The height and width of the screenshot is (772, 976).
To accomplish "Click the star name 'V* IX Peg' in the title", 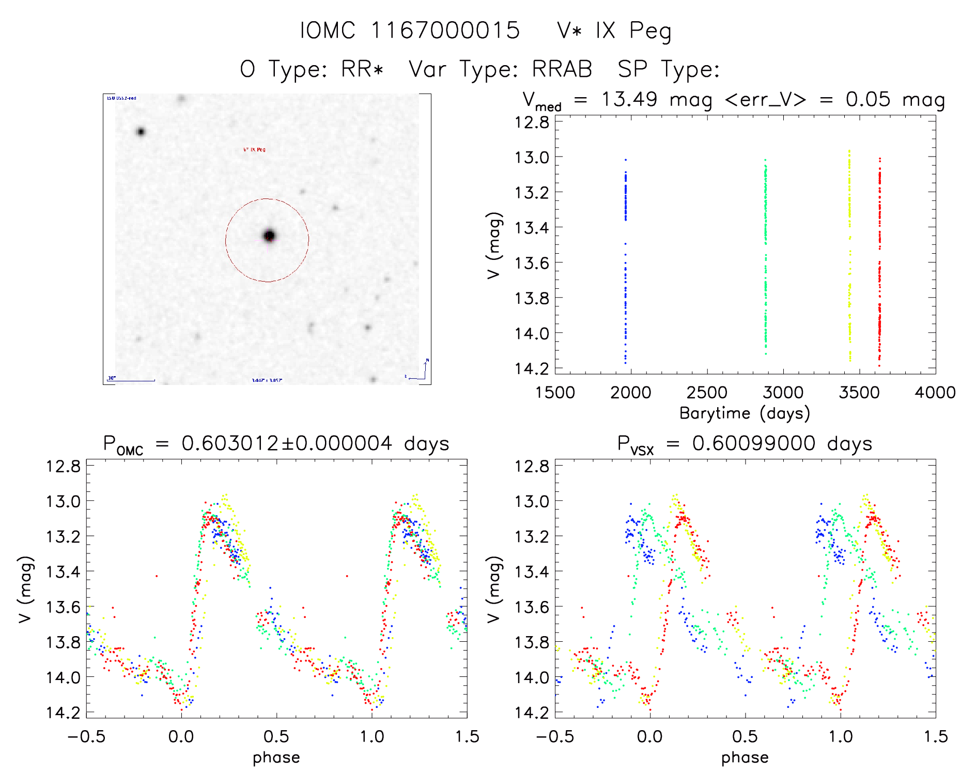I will pos(614,31).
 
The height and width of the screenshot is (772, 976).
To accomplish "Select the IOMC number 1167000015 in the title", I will pos(445,31).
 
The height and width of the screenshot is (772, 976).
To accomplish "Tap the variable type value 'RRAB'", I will pos(562,69).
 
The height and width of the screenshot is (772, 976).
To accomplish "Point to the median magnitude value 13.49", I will pos(629,99).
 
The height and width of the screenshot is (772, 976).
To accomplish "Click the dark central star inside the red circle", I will pos(269,236).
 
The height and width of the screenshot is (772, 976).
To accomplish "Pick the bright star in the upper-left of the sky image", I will pos(141,132).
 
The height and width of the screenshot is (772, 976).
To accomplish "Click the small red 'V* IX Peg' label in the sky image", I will pos(254,150).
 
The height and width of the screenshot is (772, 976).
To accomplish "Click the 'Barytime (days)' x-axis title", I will pos(745,413).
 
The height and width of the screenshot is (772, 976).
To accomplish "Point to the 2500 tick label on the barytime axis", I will pos(707,393).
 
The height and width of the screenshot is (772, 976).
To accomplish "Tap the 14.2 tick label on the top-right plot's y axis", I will pos(532,368).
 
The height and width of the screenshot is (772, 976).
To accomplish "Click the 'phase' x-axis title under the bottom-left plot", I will pos(276,758).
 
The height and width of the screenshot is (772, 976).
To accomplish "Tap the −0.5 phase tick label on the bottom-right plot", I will pos(554,737).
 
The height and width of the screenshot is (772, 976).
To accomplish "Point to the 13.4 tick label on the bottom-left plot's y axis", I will pos(63,572).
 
